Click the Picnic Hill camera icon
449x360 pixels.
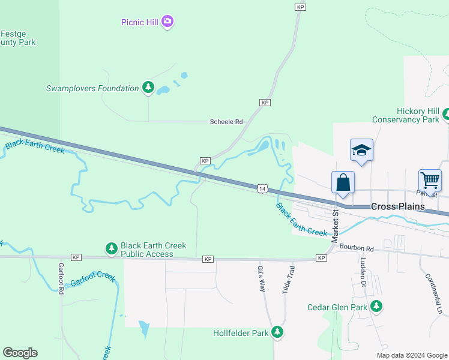[167, 22]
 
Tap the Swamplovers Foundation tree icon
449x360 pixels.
[148, 88]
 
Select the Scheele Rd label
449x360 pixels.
[226, 122]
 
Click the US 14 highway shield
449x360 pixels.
[262, 188]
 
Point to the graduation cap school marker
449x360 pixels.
[362, 150]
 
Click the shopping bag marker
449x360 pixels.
[343, 182]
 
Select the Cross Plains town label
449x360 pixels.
[397, 206]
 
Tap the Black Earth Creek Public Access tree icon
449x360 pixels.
[111, 248]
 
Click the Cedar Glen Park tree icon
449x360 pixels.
[376, 307]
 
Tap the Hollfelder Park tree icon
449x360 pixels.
[277, 332]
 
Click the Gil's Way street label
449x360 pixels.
[262, 278]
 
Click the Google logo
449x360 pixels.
[20, 353]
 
